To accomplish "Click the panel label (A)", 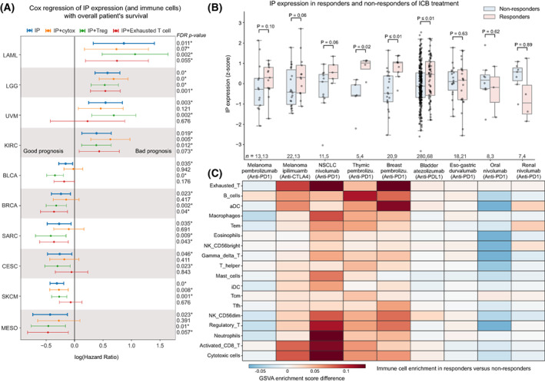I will click(10, 7).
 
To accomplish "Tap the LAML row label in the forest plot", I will click(12, 54).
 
